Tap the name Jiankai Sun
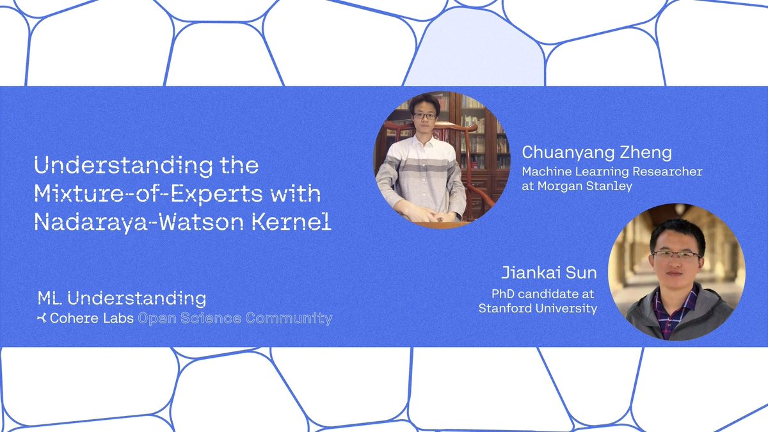(x=549, y=273)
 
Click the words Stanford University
(x=538, y=308)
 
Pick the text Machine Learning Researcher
(x=612, y=172)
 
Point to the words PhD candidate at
(x=543, y=294)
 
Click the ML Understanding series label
(x=122, y=298)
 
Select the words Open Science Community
(x=236, y=318)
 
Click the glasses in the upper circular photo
(x=424, y=116)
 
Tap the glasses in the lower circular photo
(x=676, y=255)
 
